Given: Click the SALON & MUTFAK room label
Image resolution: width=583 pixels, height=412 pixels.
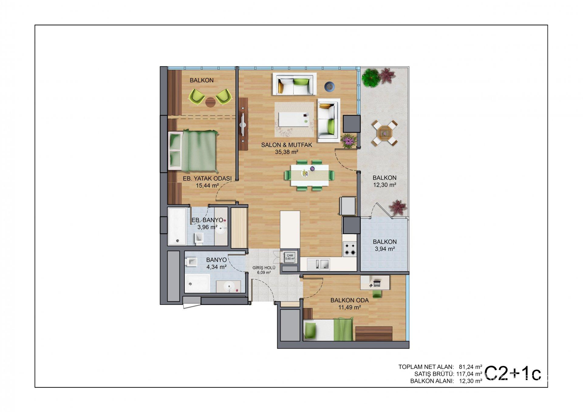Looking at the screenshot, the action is (287, 145).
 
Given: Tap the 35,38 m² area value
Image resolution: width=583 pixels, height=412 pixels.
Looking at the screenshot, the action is (287, 152).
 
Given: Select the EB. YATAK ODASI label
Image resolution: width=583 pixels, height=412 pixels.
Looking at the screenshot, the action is (207, 179).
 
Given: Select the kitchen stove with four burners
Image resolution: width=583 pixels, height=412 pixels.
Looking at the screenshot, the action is (350, 249).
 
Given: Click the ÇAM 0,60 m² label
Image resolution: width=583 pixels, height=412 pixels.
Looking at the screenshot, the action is (290, 257).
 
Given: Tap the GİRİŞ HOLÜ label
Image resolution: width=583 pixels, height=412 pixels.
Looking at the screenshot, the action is (264, 270).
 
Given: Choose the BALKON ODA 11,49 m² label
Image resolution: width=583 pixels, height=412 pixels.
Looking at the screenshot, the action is (349, 304).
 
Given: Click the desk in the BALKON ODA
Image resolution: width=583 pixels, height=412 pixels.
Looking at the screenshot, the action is (375, 282).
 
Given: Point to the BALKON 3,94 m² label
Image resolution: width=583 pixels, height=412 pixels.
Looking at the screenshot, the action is (385, 245).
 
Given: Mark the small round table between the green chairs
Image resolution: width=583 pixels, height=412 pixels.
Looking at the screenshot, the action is (210, 102).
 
